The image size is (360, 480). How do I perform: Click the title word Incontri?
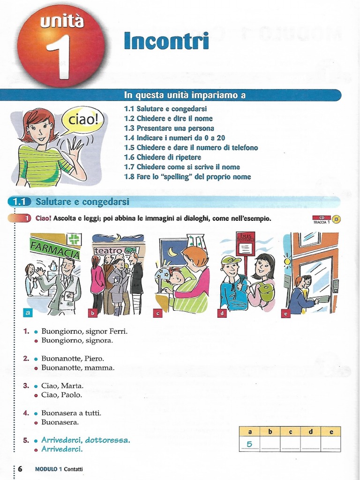pyautogui.click(x=166, y=41)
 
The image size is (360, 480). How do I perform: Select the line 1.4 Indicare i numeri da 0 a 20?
pyautogui.click(x=174, y=138)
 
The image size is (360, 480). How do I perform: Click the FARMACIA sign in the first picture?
pyautogui.click(x=54, y=248)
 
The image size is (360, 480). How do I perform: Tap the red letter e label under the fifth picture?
pyautogui.click(x=285, y=313)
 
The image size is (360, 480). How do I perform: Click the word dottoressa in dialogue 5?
pyautogui.click(x=107, y=440)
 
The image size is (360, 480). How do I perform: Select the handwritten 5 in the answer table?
pyautogui.click(x=249, y=444)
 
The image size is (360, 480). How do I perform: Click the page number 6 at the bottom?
pyautogui.click(x=20, y=469)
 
